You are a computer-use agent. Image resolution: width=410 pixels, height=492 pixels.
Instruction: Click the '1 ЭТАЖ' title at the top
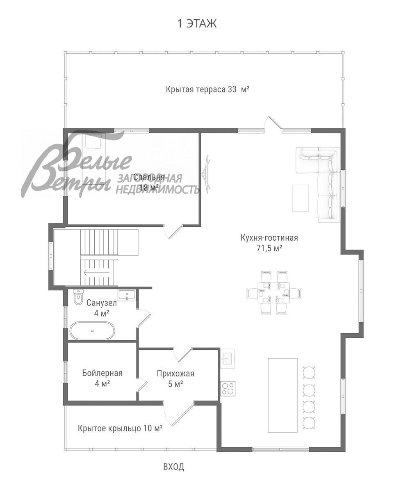click(196, 24)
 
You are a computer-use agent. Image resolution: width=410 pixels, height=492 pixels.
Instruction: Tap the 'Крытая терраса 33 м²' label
click(207, 89)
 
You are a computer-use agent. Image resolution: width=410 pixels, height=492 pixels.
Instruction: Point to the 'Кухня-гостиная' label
click(269, 238)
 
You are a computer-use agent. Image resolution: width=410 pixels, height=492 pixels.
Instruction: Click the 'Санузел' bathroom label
click(102, 303)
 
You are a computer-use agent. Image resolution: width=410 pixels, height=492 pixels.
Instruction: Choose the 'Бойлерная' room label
click(102, 373)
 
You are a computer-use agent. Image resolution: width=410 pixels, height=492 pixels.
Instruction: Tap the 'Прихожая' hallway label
click(175, 374)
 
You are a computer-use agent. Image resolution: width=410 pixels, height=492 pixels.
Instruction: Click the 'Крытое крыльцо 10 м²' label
click(120, 428)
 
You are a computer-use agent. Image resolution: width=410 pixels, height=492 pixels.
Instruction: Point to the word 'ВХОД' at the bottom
click(174, 467)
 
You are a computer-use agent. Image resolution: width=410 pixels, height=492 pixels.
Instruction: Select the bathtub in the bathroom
click(92, 330)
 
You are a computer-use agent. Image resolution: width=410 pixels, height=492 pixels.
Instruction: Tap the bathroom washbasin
click(127, 295)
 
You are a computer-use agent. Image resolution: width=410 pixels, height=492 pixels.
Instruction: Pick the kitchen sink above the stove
click(228, 358)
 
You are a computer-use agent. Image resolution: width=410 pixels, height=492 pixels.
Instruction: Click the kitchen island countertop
click(283, 395)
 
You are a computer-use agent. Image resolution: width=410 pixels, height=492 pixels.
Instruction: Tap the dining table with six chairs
click(273, 293)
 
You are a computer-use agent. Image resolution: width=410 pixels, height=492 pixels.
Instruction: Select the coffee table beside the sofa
click(301, 198)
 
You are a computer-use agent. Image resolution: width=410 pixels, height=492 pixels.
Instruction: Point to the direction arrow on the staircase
click(96, 273)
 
